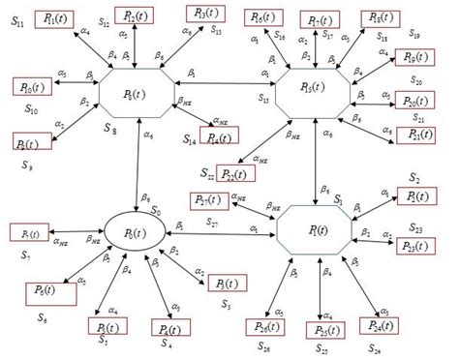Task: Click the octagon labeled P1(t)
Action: point(315,230)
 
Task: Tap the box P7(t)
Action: point(24,233)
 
